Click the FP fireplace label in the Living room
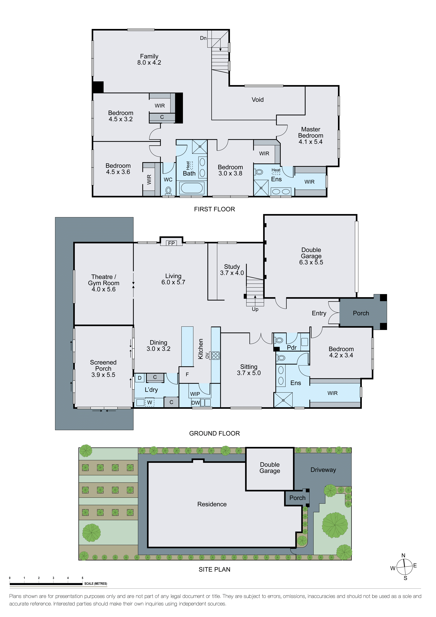[171, 243]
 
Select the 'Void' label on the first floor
[257, 100]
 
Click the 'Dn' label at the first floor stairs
[203, 38]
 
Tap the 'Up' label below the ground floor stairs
[255, 309]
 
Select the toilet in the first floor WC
[168, 190]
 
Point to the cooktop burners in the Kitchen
[216, 356]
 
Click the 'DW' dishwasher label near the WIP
[196, 403]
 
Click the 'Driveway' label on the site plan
[323, 470]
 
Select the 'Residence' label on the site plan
[212, 504]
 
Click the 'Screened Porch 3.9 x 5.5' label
[103, 368]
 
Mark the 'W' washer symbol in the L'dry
[150, 403]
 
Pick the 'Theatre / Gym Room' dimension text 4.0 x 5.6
[104, 289]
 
